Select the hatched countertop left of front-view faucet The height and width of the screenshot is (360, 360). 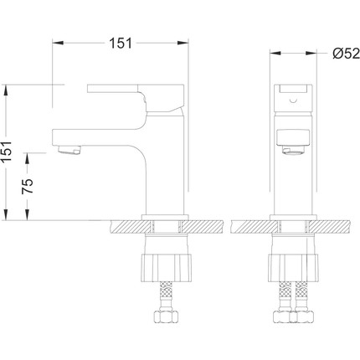point(251,227)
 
